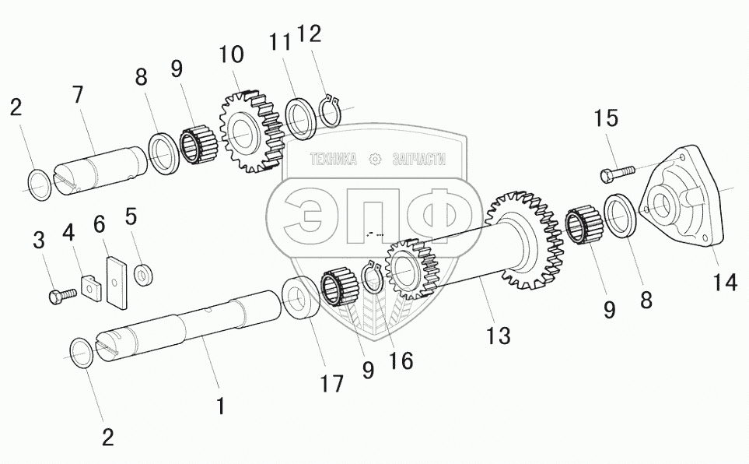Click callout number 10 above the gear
[232, 54]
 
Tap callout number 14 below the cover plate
[725, 283]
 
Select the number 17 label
[331, 383]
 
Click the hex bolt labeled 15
[617, 173]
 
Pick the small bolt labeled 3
[63, 294]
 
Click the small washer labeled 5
[142, 275]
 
